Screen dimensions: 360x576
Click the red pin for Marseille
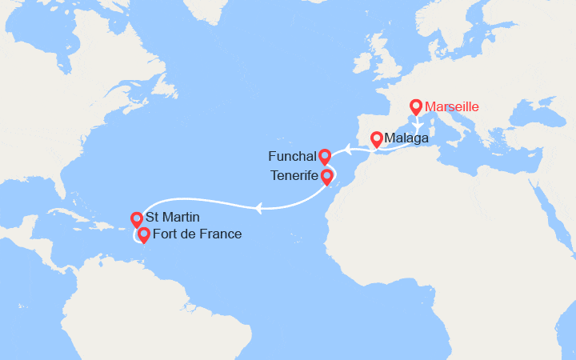point(415,106)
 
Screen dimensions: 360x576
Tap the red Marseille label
point(453,106)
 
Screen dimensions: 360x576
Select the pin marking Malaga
point(376,139)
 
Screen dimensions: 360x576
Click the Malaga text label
point(406,139)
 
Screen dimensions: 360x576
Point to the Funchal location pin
point(324,157)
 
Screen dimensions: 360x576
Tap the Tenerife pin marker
point(327,176)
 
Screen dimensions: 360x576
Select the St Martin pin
point(136,218)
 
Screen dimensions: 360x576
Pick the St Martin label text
point(173,218)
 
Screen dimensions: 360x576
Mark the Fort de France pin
point(143,235)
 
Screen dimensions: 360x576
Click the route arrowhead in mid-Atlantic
point(259,209)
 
